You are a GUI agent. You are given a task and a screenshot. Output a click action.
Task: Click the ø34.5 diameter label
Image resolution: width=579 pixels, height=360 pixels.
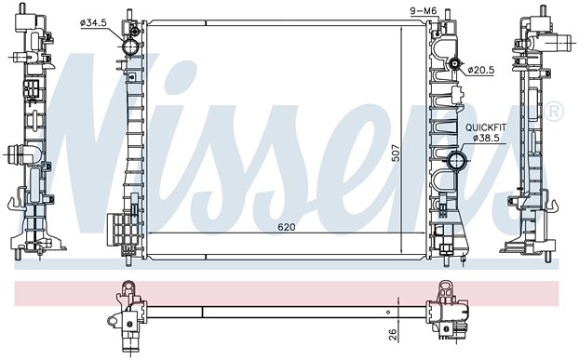click(93, 23)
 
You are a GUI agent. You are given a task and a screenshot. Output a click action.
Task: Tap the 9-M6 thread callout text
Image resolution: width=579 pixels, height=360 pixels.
click(424, 11)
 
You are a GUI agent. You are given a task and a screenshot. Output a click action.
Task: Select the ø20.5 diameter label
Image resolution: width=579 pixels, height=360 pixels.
click(480, 70)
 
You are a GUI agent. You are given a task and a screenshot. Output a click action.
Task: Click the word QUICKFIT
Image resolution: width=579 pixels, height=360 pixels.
click(486, 127)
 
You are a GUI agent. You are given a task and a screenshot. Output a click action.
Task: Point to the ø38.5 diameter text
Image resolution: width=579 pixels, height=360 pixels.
click(486, 138)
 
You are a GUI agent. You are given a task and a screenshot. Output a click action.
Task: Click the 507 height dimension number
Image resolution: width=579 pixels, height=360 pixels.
click(396, 153)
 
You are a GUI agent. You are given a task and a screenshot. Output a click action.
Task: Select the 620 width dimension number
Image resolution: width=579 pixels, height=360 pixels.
click(287, 227)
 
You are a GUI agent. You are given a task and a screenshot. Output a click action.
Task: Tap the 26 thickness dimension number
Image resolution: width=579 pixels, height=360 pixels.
click(393, 334)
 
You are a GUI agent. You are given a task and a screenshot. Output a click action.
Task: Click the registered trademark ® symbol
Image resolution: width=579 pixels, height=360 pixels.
click(554, 112)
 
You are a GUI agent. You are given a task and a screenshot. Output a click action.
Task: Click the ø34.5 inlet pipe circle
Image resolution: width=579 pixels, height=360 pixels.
click(130, 47)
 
